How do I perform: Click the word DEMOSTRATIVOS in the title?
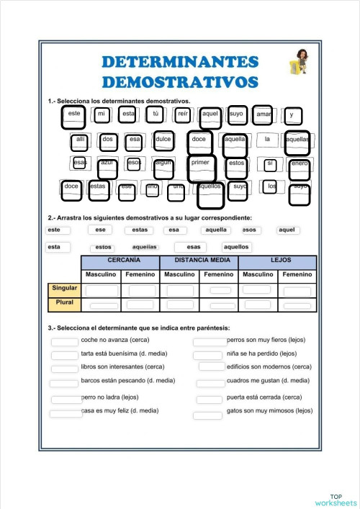[x=180, y=80]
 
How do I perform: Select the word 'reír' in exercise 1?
[x=183, y=114]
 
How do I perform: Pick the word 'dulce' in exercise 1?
[x=163, y=140]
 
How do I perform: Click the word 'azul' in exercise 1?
[x=107, y=164]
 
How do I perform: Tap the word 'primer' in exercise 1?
[x=201, y=163]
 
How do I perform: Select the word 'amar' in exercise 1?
[x=264, y=114]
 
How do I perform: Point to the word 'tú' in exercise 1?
[x=155, y=114]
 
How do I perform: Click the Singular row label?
[x=63, y=289]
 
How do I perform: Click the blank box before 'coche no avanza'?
[x=66, y=341]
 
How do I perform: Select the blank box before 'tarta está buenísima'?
[x=66, y=354]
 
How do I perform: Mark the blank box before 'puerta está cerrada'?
[x=210, y=399]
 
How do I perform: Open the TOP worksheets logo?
[x=335, y=499]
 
